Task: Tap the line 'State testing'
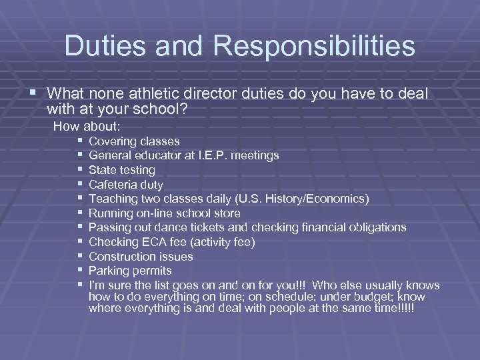coord(121,170)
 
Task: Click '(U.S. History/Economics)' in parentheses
coord(297,199)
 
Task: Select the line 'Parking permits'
coord(130,271)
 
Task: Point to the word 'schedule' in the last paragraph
coord(271,296)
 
